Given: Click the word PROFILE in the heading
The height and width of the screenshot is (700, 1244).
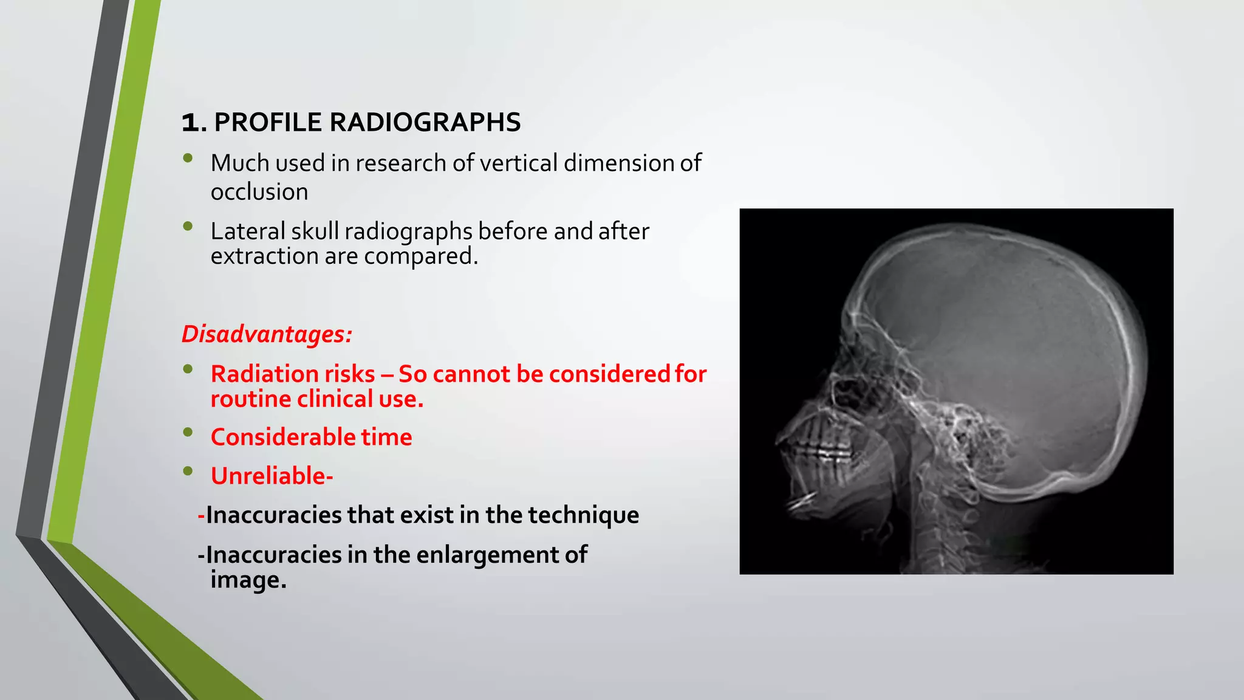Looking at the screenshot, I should (268, 122).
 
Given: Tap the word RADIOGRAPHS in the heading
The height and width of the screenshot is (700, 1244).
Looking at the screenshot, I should (425, 122).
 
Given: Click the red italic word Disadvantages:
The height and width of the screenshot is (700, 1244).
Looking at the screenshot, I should (267, 334).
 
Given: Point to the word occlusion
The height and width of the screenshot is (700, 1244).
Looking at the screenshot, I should (259, 192).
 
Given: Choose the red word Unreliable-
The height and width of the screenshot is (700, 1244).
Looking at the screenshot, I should (272, 476).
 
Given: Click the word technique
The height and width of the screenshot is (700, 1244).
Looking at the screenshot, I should (583, 515).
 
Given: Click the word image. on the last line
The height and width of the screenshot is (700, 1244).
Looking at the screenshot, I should (248, 580).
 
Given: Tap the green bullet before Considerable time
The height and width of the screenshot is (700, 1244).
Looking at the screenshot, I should (188, 432).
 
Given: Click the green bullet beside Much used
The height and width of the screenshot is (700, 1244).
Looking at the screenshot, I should (188, 158).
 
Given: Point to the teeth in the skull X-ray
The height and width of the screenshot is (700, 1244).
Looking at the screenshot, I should (820, 450).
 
